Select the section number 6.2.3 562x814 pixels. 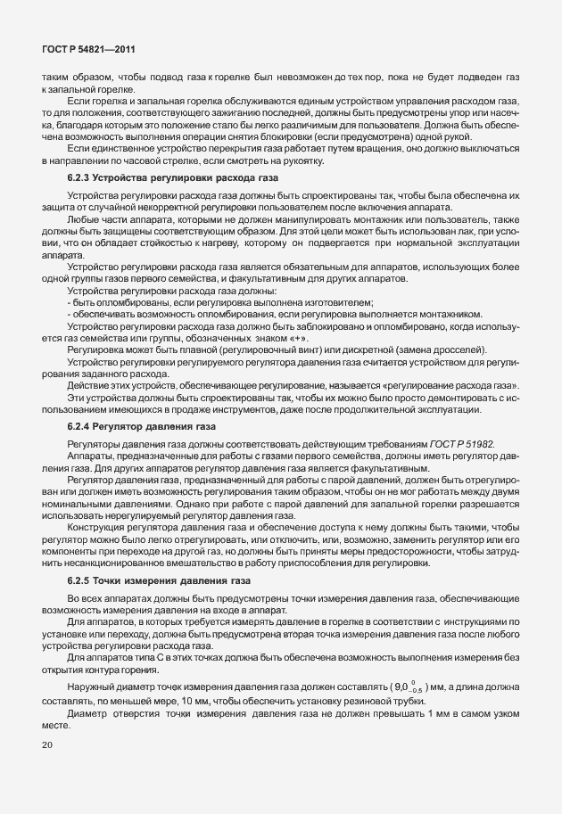coord(81,180)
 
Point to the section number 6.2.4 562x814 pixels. coord(81,426)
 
